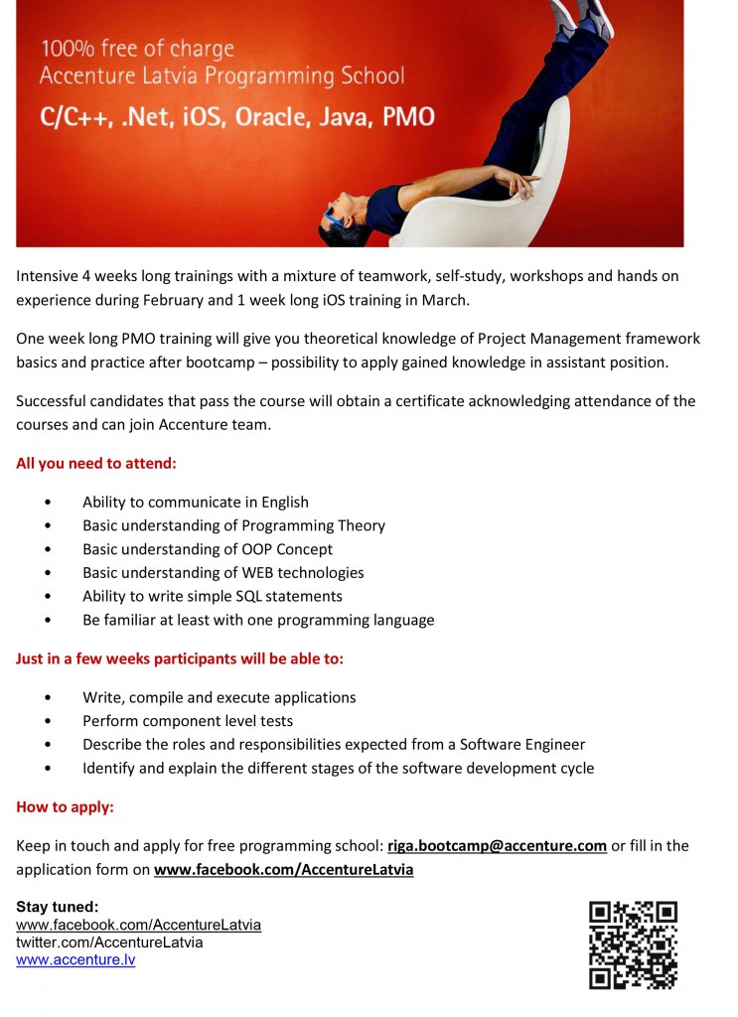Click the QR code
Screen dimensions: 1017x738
click(633, 944)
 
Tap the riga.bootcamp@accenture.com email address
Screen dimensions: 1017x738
click(497, 846)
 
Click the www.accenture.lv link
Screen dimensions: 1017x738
click(75, 960)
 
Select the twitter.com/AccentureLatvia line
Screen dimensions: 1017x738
click(109, 943)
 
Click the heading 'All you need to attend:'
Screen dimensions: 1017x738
click(96, 464)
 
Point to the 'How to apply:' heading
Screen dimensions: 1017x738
click(65, 807)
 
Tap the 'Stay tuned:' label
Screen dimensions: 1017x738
click(58, 907)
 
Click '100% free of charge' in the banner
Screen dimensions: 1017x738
click(137, 49)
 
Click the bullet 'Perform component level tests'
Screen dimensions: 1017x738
click(188, 721)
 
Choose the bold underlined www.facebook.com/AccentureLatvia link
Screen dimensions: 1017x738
click(283, 870)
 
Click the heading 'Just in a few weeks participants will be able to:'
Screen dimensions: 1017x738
click(180, 658)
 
